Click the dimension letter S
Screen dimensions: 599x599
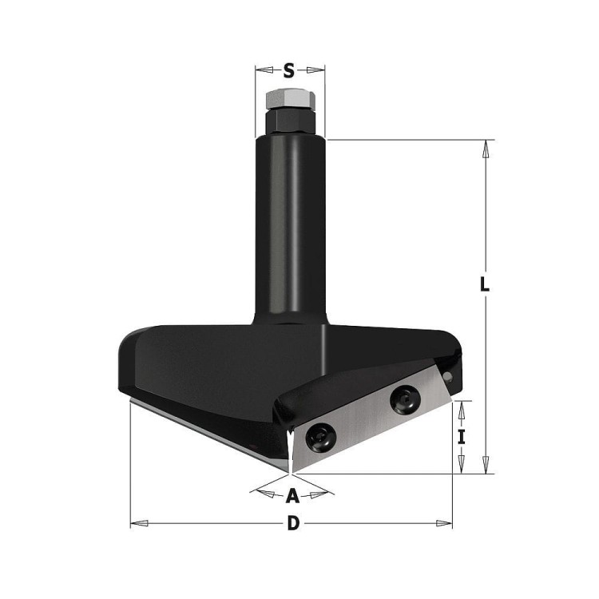coord(289,70)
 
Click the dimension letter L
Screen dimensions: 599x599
coord(485,284)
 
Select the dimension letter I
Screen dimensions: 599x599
coord(462,437)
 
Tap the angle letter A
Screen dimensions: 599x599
coord(292,496)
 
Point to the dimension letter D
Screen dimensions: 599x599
coord(293,523)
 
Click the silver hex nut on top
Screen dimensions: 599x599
coord(291,100)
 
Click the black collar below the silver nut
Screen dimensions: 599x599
coord(291,121)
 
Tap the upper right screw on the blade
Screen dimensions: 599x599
coord(405,400)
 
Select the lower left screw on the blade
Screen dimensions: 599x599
coord(321,438)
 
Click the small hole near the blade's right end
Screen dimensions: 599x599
coord(448,378)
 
